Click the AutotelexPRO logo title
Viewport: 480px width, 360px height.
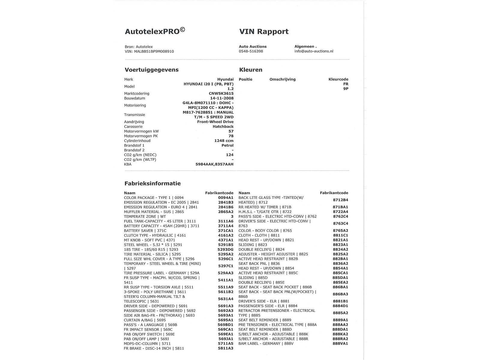pyautogui.click(x=155, y=31)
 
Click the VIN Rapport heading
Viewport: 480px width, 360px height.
pyautogui.click(x=264, y=31)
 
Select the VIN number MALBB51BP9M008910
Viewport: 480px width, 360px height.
pyautogui.click(x=154, y=51)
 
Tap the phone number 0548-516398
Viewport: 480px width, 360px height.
pyautogui.click(x=251, y=51)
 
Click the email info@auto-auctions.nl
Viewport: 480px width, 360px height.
pyautogui.click(x=314, y=51)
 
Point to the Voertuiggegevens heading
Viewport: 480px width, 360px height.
pyautogui.click(x=151, y=70)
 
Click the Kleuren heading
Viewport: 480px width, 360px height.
pyautogui.click(x=251, y=70)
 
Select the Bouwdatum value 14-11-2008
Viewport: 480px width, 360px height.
pyautogui.click(x=222, y=98)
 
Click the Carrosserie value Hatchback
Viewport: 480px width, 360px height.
pyautogui.click(x=223, y=127)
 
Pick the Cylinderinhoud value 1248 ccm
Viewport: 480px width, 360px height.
pyautogui.click(x=224, y=141)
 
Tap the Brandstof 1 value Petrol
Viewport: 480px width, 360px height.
pyautogui.click(x=227, y=145)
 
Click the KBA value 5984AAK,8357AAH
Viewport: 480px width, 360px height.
pyautogui.click(x=214, y=164)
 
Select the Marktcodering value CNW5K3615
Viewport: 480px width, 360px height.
pyautogui.click(x=221, y=94)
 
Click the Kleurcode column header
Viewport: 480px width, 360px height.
pyautogui.click(x=338, y=79)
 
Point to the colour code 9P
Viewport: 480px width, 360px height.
pyautogui.click(x=346, y=89)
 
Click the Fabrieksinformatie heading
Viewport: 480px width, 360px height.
pyautogui.click(x=152, y=183)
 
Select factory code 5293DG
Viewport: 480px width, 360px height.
pyautogui.click(x=225, y=250)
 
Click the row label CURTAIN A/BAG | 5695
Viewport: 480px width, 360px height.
pyautogui.click(x=145, y=320)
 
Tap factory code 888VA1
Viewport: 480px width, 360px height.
pyautogui.click(x=340, y=343)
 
